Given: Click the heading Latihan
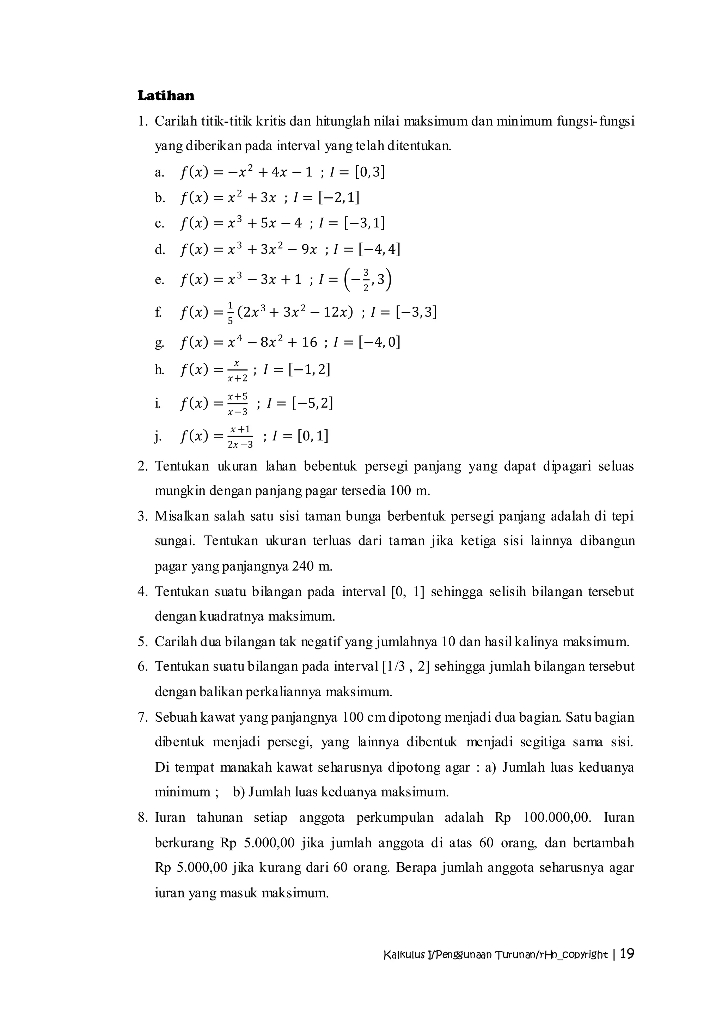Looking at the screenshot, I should coord(166,96).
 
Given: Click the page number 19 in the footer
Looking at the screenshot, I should coord(627,954).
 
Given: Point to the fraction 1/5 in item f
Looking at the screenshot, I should coord(230,313).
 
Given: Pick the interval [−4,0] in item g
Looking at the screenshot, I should coord(379,342).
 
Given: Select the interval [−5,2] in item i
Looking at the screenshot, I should coord(312,403).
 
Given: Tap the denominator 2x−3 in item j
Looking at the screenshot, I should coord(240,444).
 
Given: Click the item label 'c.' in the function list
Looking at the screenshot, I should coord(160,224).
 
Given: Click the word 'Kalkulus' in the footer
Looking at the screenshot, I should coord(404,955).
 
